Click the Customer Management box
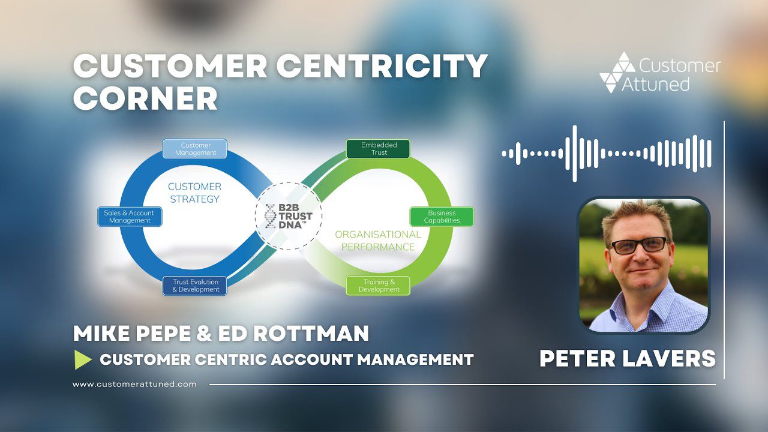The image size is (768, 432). [194, 149]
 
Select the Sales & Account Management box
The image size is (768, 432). [130, 217]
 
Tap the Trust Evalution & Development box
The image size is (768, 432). [194, 286]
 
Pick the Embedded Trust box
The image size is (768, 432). [378, 149]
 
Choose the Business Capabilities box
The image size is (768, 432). [442, 217]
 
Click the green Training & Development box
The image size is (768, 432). [378, 286]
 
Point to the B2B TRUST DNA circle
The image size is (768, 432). [289, 216]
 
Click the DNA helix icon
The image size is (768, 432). [270, 217]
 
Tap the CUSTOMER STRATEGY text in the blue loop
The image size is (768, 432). [194, 193]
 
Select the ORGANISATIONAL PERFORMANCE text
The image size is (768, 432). [378, 241]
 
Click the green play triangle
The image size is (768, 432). [83, 359]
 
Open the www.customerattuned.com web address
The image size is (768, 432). [134, 385]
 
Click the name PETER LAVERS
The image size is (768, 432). [628, 359]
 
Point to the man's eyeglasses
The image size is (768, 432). [639, 246]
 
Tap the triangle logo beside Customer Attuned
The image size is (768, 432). [617, 73]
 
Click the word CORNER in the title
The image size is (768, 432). [145, 98]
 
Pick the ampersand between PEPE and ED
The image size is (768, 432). [204, 333]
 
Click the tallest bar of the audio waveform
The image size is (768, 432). [575, 154]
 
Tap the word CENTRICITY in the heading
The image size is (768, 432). [382, 66]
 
